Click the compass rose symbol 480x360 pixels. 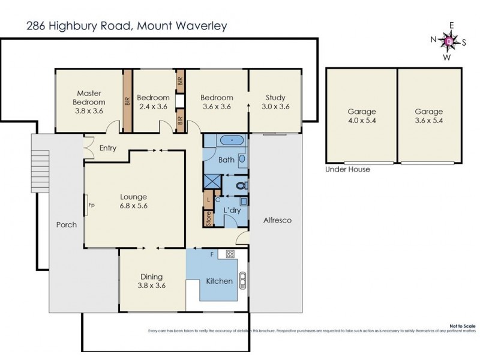click(x=448, y=41)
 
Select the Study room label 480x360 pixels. click(x=275, y=102)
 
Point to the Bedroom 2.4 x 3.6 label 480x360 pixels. click(x=152, y=102)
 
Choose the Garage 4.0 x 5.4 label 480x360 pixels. click(x=361, y=116)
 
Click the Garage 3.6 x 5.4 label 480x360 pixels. click(x=428, y=116)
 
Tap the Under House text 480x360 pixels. click(x=347, y=170)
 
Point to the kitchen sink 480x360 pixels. click(x=243, y=280)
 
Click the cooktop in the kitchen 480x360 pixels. click(x=229, y=254)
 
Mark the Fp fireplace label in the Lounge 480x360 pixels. click(x=91, y=205)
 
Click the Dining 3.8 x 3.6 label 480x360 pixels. click(x=151, y=281)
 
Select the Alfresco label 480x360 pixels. click(x=277, y=221)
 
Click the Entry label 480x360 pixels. click(x=108, y=148)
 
